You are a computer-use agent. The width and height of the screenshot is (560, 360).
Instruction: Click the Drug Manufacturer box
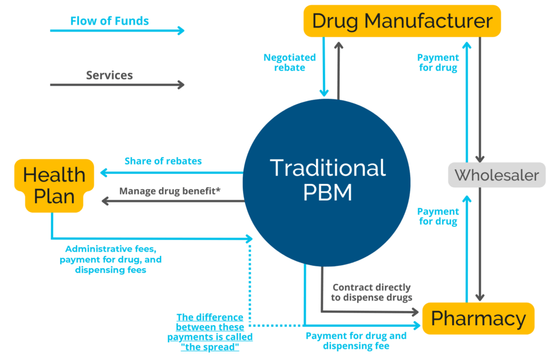point(402,21)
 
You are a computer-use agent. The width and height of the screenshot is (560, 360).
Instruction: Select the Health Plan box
point(54,185)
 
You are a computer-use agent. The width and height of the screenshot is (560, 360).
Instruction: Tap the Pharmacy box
point(478,318)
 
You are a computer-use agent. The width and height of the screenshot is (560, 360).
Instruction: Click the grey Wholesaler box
point(497,175)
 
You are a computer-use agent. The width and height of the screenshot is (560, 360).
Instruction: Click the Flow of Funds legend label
point(109,21)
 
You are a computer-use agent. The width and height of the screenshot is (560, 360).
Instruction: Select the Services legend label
point(109,75)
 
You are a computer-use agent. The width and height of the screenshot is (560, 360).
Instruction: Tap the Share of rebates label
point(163,161)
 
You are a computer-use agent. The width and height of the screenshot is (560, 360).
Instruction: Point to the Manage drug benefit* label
point(170,191)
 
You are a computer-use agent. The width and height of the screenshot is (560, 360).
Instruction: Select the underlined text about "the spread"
point(210,332)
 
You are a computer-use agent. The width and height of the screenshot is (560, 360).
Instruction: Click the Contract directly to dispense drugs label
point(372,293)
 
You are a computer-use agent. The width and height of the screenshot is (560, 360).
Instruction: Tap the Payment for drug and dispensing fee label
point(356,341)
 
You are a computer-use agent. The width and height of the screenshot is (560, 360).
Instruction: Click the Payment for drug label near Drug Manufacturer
point(438,63)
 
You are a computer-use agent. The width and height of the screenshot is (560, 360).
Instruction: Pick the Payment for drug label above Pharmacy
point(438,217)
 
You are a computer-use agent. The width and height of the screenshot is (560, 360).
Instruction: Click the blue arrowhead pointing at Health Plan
point(103,173)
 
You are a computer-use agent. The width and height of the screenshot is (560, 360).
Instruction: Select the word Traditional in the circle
point(327,168)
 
